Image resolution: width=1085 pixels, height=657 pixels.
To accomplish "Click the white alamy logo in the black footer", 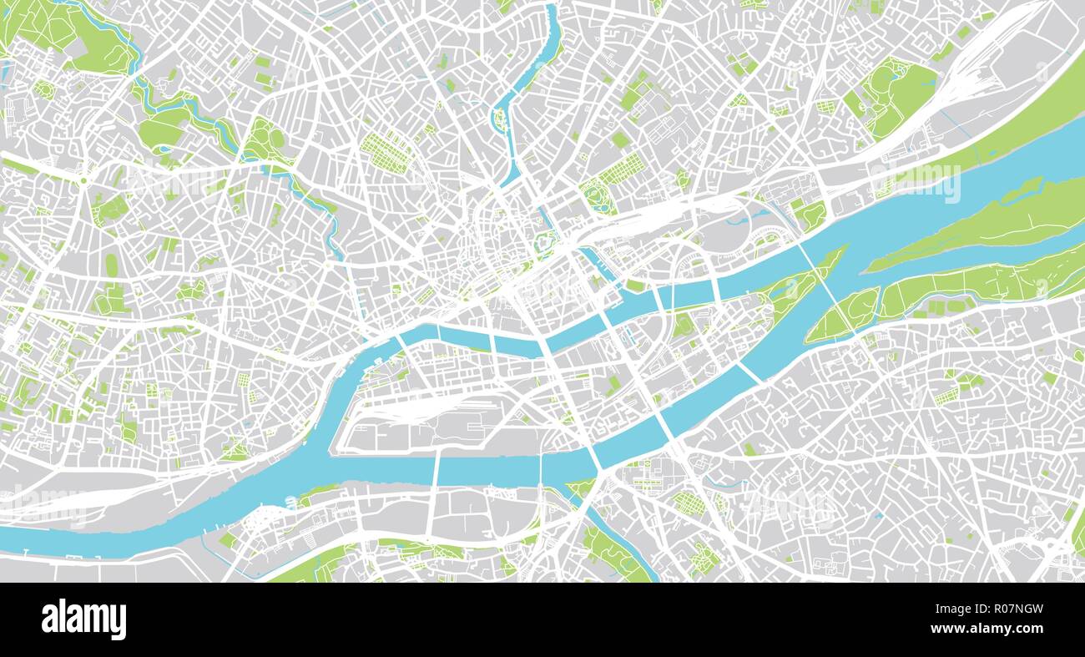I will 84,619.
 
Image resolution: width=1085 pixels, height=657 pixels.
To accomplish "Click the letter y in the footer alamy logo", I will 120,622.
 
